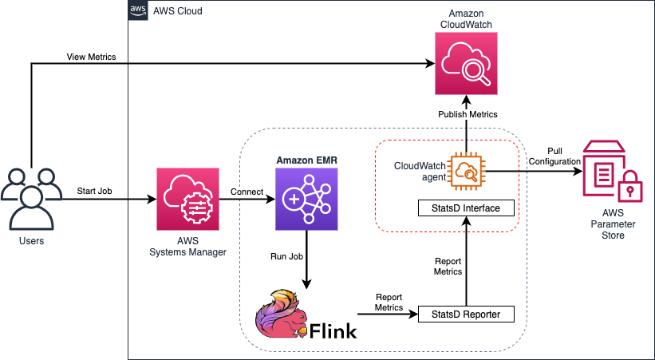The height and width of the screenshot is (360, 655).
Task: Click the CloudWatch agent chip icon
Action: click(465, 169)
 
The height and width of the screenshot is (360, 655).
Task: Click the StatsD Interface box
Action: click(466, 209)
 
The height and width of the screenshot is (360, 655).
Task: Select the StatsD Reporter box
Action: click(466, 315)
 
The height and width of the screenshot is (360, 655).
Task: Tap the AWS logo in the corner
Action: click(137, 11)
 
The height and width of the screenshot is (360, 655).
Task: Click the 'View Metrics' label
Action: click(90, 57)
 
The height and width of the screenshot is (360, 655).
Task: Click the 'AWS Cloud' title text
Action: click(177, 12)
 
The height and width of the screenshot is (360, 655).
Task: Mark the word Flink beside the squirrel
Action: click(334, 329)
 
